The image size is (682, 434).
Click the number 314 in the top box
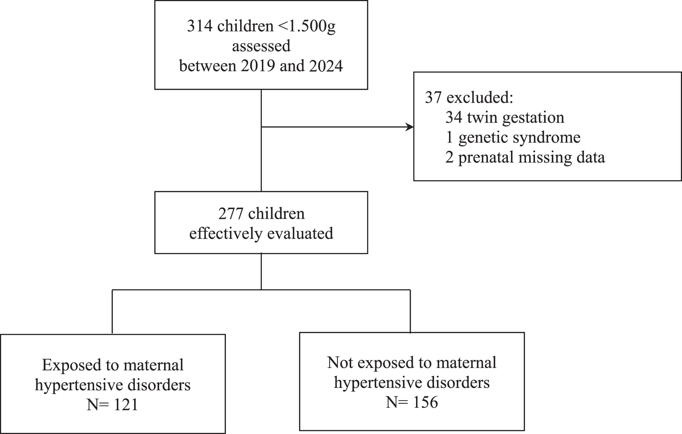[200, 26]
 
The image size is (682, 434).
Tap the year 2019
[258, 66]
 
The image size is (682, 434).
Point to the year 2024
[326, 66]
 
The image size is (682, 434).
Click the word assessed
[261, 46]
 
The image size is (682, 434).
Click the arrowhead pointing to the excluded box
[409, 127]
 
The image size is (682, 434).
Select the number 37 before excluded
[433, 97]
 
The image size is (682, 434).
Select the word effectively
[226, 234]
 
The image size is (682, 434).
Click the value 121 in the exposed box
[125, 405]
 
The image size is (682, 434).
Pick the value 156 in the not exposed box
[425, 403]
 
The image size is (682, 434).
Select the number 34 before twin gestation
[454, 117]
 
